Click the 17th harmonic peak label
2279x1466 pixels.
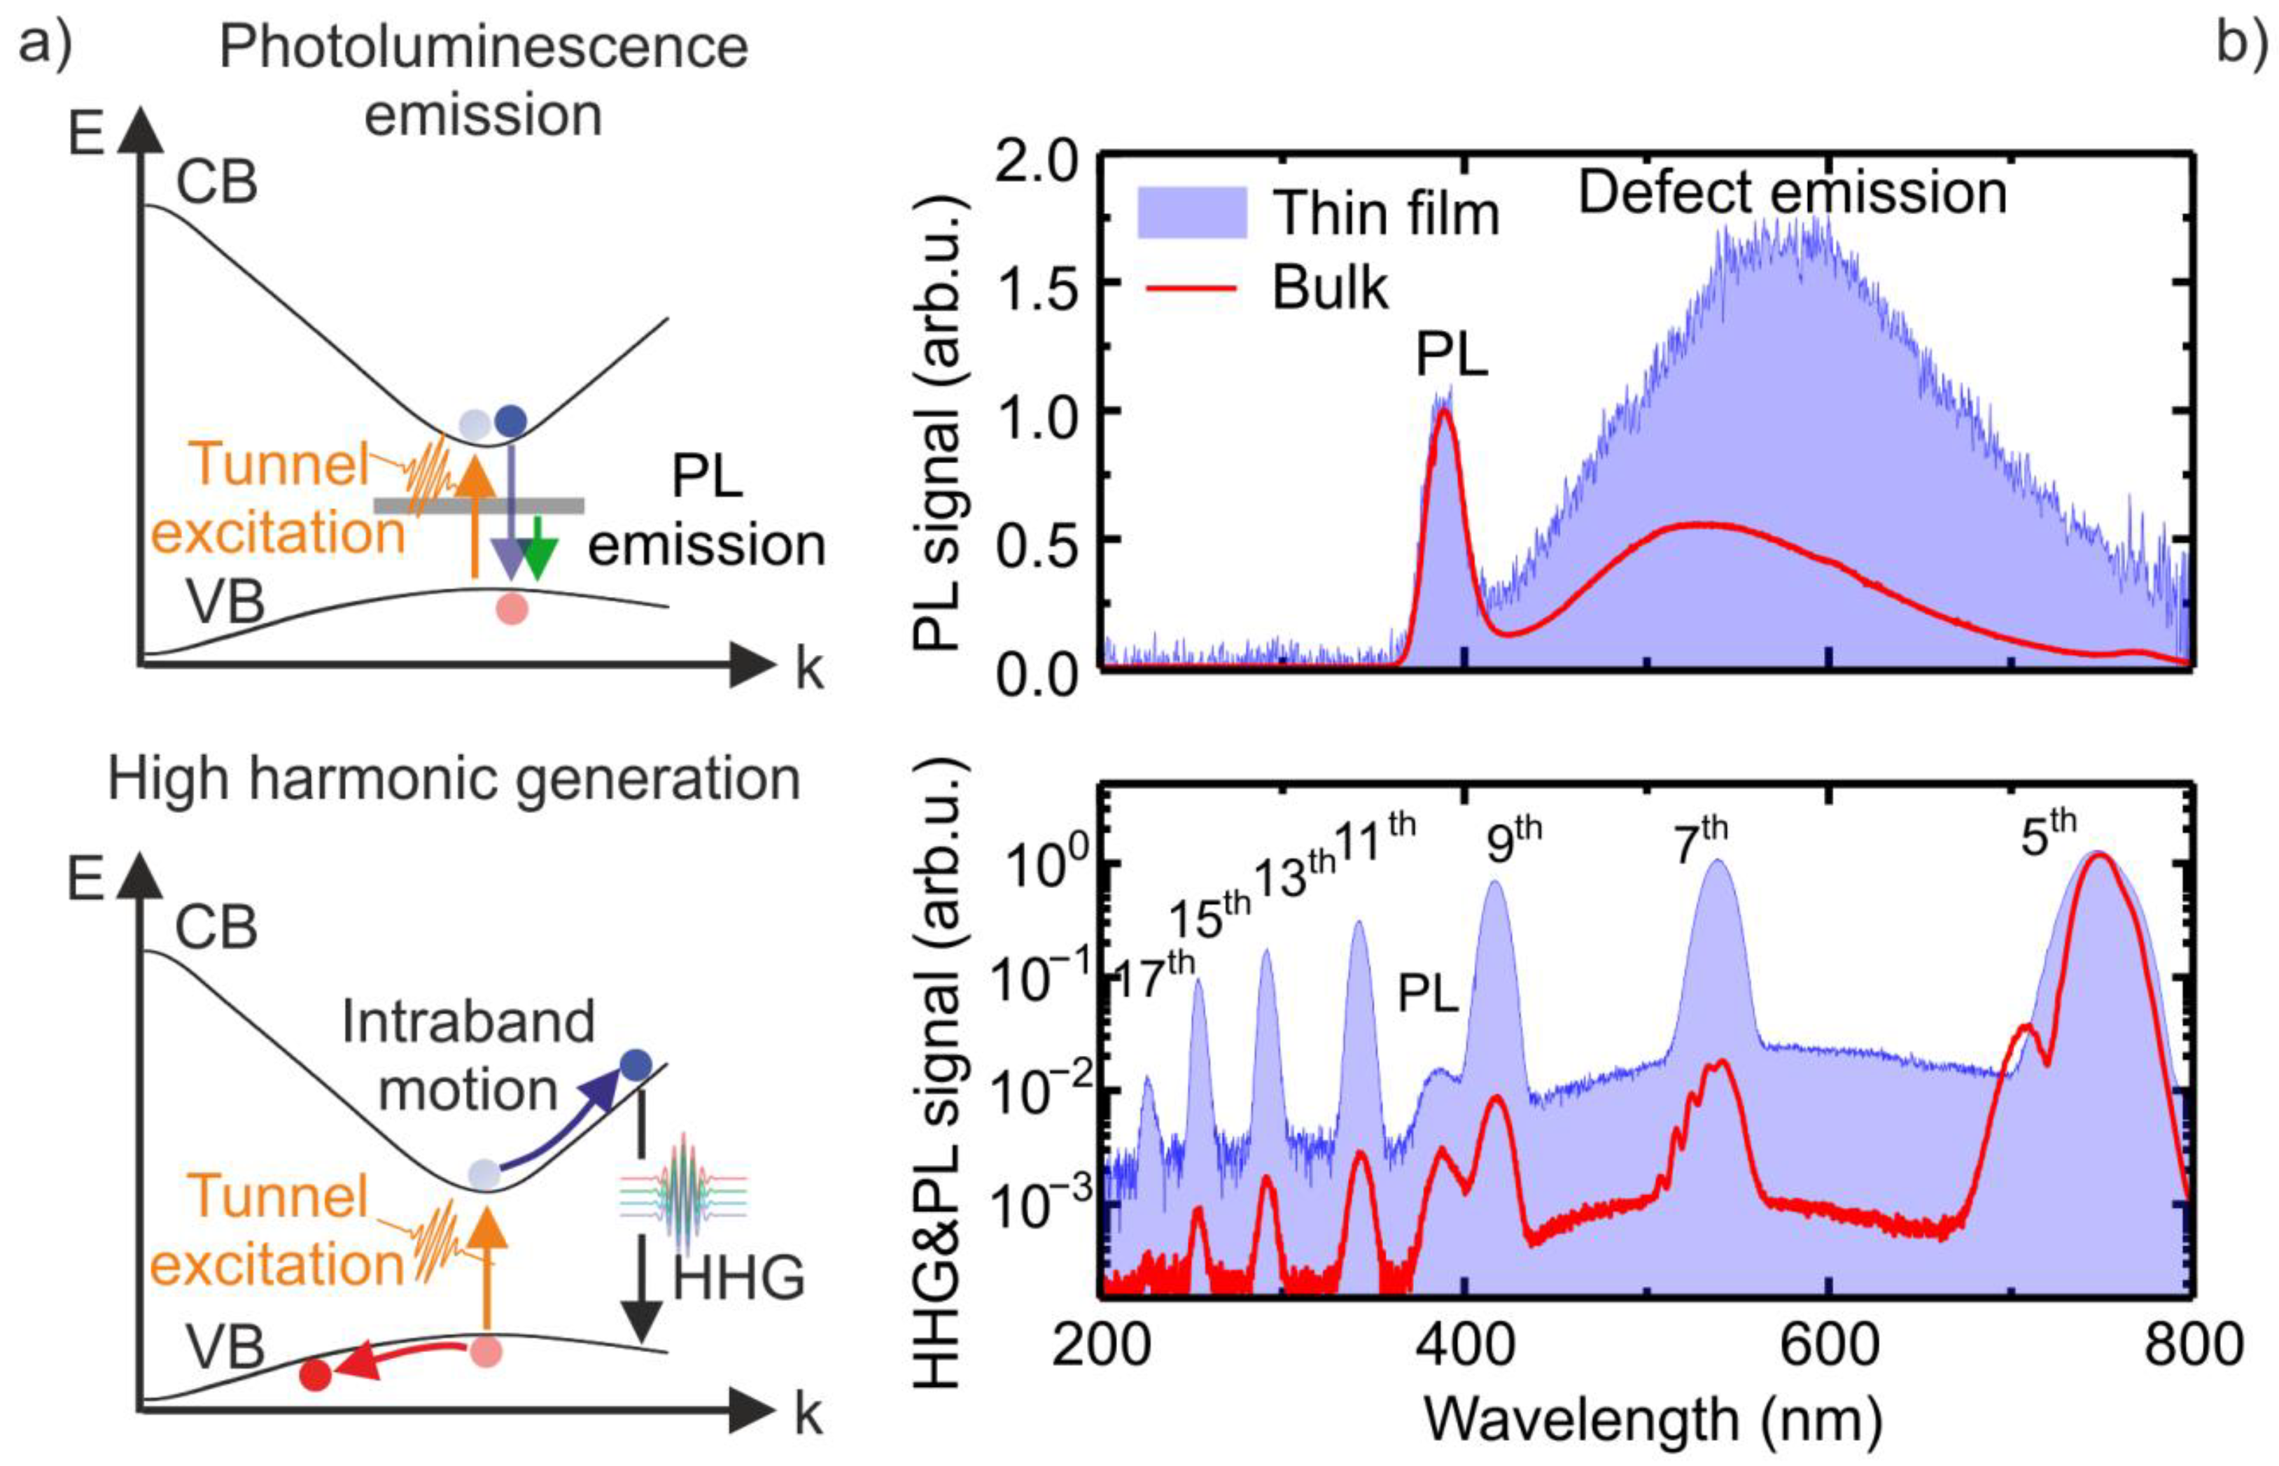tap(1153, 975)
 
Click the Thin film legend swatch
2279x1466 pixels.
tap(1192, 212)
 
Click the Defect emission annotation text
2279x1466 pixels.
tap(1793, 192)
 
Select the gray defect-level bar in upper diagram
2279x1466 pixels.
tap(478, 505)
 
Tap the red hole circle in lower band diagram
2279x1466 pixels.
tap(315, 1374)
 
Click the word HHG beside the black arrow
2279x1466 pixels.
tap(738, 1278)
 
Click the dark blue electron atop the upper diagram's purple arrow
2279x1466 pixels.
tap(511, 420)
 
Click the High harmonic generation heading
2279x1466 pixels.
tap(454, 780)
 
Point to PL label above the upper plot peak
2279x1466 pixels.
tap(1451, 356)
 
